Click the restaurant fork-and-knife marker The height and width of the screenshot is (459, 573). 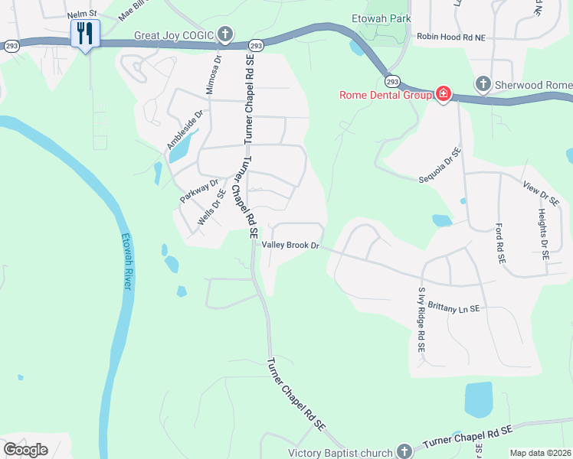pyautogui.click(x=84, y=33)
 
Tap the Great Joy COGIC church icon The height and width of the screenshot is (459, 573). pyautogui.click(x=225, y=34)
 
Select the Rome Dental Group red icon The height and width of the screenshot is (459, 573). pyautogui.click(x=443, y=94)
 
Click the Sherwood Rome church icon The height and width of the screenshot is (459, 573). pyautogui.click(x=483, y=83)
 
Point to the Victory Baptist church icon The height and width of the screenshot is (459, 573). pyautogui.click(x=404, y=452)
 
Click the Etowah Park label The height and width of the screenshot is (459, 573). pyautogui.click(x=381, y=18)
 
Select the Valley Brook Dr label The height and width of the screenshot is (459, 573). pyautogui.click(x=290, y=246)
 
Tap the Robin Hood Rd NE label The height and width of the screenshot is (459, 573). pyautogui.click(x=451, y=36)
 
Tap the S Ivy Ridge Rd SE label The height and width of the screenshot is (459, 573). pyautogui.click(x=421, y=319)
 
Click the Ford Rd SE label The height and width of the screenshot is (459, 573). pyautogui.click(x=500, y=243)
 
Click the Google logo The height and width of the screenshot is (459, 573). pyautogui.click(x=25, y=450)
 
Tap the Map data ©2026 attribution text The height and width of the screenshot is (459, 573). pyautogui.click(x=540, y=453)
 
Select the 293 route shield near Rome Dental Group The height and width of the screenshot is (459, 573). pyautogui.click(x=392, y=80)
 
